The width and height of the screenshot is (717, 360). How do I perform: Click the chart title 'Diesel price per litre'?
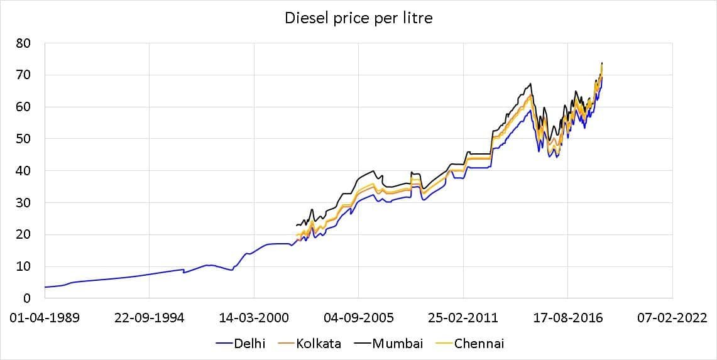coord(358,18)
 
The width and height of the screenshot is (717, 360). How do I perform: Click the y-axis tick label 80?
coord(24,43)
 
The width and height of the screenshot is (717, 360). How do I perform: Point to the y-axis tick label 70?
coord(24,75)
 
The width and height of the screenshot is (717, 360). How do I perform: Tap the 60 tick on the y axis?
coord(24,107)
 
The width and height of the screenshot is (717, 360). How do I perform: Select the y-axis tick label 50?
coord(24,139)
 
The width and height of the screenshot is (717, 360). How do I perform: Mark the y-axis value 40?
coord(24,171)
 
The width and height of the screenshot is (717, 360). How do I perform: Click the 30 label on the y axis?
coord(24,203)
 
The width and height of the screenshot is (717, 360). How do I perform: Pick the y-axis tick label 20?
coord(24,235)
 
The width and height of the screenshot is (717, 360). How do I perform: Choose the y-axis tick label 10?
coord(24,266)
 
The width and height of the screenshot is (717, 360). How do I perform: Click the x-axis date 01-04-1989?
coord(45,318)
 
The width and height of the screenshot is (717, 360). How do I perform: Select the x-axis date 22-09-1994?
coord(149,318)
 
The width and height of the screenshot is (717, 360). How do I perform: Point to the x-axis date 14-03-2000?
coord(254,318)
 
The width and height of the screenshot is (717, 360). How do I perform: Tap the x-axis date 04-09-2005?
coord(358,318)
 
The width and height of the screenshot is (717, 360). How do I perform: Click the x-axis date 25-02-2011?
coord(463,318)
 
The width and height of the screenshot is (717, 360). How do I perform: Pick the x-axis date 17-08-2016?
coord(567,318)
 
